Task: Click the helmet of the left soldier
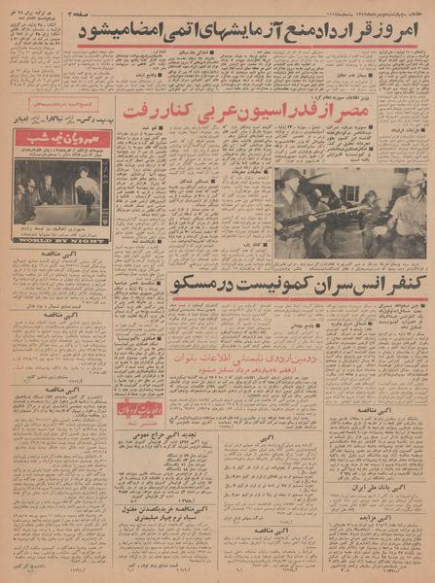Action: (x=291, y=176)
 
